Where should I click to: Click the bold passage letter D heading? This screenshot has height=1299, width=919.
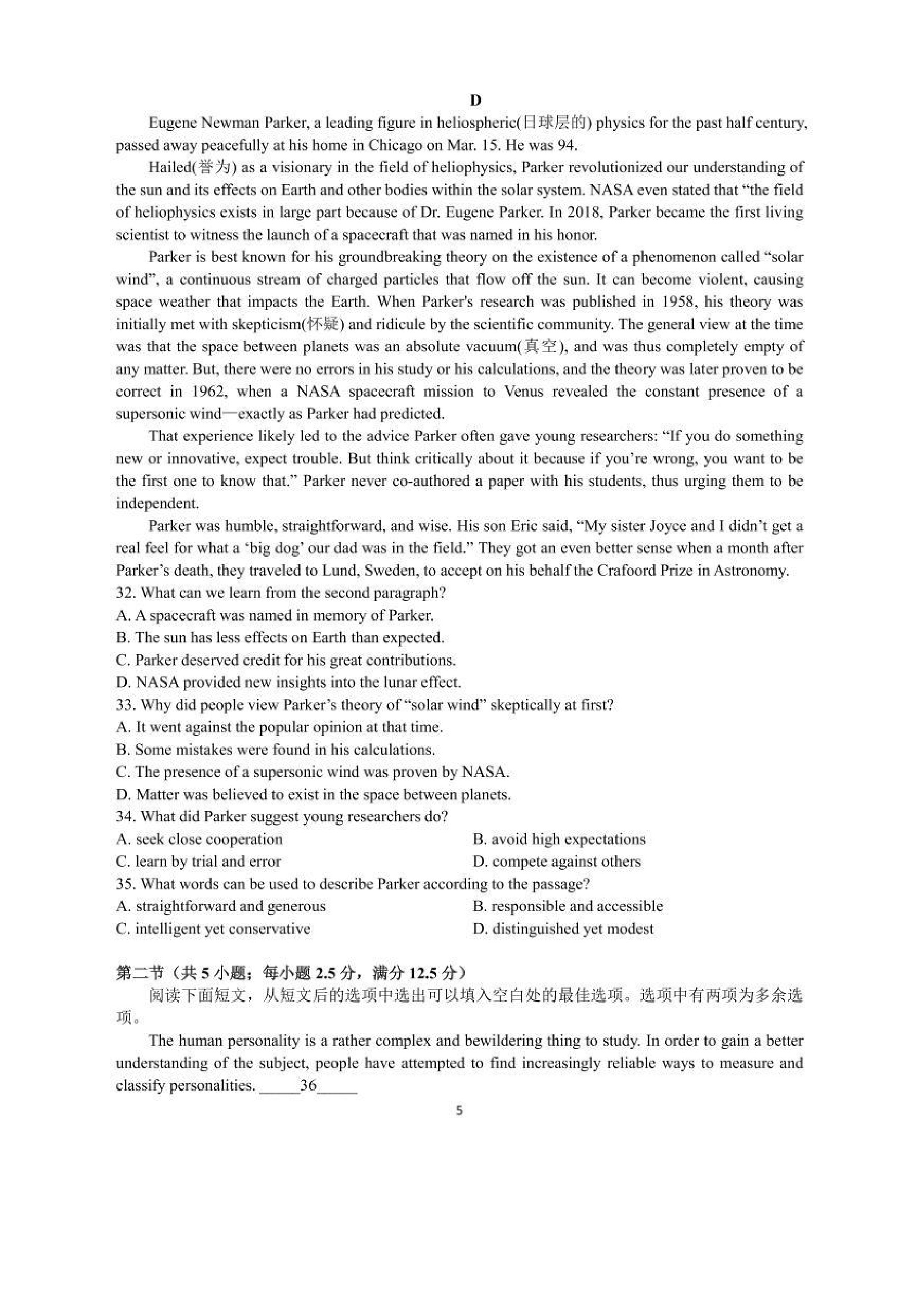[x=475, y=100]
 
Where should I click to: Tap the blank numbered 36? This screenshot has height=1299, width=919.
[x=309, y=1085]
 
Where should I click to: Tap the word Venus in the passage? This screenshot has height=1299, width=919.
[x=524, y=391]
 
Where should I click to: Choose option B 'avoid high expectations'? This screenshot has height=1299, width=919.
[x=559, y=839]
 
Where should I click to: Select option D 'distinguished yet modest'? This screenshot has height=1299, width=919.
[x=563, y=929]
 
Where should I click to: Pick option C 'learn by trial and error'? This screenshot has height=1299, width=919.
[x=199, y=861]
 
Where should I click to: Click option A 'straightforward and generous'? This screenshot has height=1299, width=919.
[x=221, y=906]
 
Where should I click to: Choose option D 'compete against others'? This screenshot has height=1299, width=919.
[x=557, y=861]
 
